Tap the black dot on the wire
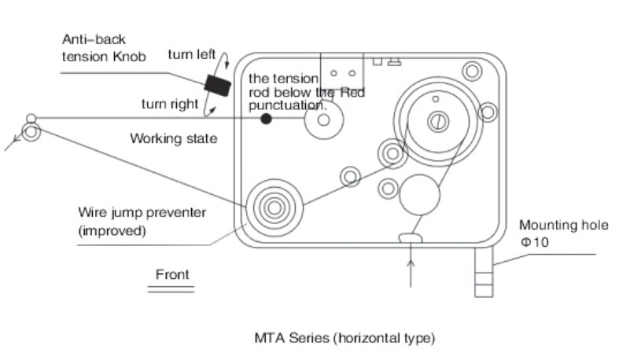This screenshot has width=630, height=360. coord(267,119)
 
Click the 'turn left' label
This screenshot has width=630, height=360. coord(192,54)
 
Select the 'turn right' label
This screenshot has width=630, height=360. coord(170,104)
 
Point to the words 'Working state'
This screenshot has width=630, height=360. coord(173,139)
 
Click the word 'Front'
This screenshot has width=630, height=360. coord(172,274)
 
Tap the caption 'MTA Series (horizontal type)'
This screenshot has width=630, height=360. coord(344,338)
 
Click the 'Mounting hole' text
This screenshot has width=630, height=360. coord(563,226)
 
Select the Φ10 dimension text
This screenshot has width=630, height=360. coord(534,242)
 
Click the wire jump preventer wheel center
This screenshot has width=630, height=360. coord(273,208)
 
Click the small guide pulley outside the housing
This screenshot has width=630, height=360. coord(31,130)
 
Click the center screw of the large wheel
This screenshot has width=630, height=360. coord(438,120)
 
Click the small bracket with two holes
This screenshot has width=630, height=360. coord(341,75)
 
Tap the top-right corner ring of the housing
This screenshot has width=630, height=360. coord(472,72)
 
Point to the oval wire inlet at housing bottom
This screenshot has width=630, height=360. coord(411,237)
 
